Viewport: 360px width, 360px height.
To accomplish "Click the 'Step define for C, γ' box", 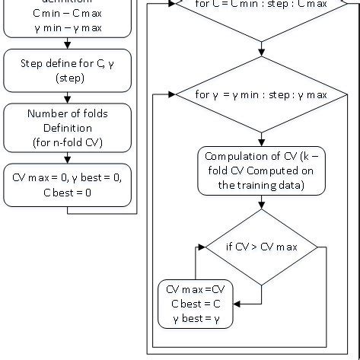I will point(68,70).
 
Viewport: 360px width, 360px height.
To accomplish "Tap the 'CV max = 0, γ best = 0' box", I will point(68,184).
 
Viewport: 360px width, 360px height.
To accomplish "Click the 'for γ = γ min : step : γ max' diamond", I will point(261,95).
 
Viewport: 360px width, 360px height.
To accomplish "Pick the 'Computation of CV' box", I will point(261,170).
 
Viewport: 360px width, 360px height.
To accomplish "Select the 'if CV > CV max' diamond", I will point(261,247).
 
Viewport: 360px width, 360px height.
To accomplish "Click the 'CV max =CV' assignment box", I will point(196,303).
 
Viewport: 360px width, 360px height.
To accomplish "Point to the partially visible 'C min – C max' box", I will point(68,18).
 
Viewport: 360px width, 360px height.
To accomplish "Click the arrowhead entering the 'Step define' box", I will point(68,46).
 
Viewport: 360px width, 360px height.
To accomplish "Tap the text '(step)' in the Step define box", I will point(68,78).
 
